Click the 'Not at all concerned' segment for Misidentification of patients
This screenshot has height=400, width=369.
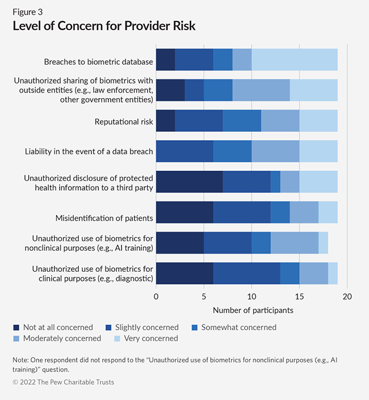pyautogui.click(x=184, y=212)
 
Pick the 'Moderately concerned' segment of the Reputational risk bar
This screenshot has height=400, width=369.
pyautogui.click(x=280, y=121)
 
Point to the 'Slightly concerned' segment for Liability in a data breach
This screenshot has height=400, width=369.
pyautogui.click(x=184, y=151)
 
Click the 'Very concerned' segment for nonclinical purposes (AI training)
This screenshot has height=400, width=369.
pyautogui.click(x=323, y=242)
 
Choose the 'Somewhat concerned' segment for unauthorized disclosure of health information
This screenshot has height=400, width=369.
pyautogui.click(x=275, y=182)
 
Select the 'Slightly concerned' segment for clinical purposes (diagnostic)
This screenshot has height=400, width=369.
pyautogui.click(x=246, y=273)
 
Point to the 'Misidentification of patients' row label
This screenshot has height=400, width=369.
pyautogui.click(x=104, y=218)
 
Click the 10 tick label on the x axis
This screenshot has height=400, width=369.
pyautogui.click(x=251, y=296)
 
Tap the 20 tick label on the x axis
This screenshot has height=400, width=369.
pyautogui.click(x=347, y=296)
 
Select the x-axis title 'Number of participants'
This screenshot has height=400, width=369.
pyautogui.click(x=253, y=310)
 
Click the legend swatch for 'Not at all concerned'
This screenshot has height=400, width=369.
pyautogui.click(x=16, y=327)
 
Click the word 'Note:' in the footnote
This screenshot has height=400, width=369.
pyautogui.click(x=22, y=360)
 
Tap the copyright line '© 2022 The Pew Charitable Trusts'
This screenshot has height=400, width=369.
pyautogui.click(x=63, y=382)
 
